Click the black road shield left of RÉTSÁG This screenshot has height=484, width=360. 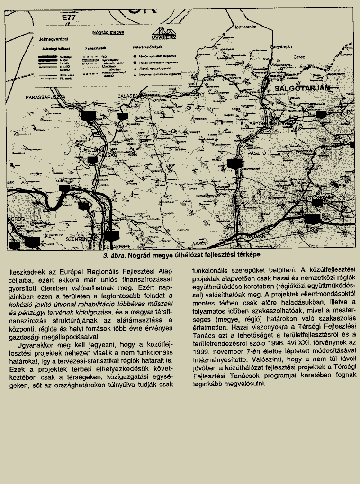click(x=93, y=160)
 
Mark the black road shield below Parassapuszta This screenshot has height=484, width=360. click(x=88, y=115)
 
